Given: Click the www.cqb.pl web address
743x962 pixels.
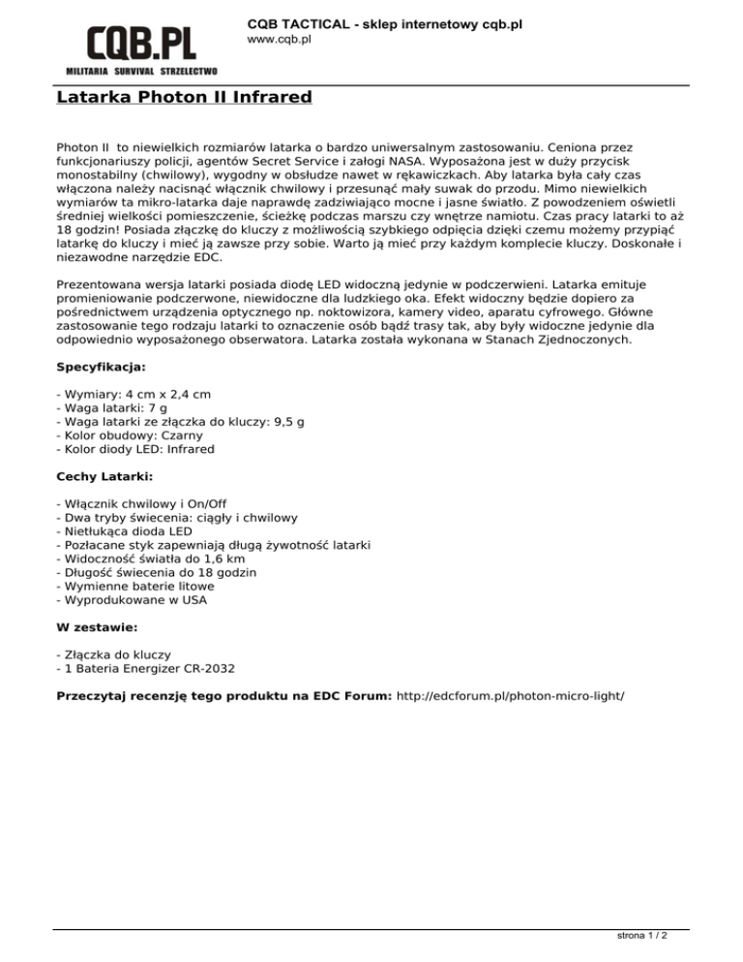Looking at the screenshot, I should click(279, 40).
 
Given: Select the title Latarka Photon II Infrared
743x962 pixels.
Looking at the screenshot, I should click(184, 98).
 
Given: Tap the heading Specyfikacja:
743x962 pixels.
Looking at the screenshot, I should click(102, 369).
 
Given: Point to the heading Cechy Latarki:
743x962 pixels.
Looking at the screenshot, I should click(104, 477).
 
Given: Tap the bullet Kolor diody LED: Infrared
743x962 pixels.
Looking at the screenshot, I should click(135, 450).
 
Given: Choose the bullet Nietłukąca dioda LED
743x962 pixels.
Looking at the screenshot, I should click(126, 531).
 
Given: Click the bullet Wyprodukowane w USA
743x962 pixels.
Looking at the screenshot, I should click(133, 599).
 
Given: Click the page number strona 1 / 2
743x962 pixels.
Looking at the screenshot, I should click(642, 937).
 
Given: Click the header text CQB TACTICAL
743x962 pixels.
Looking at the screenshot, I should click(299, 22).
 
